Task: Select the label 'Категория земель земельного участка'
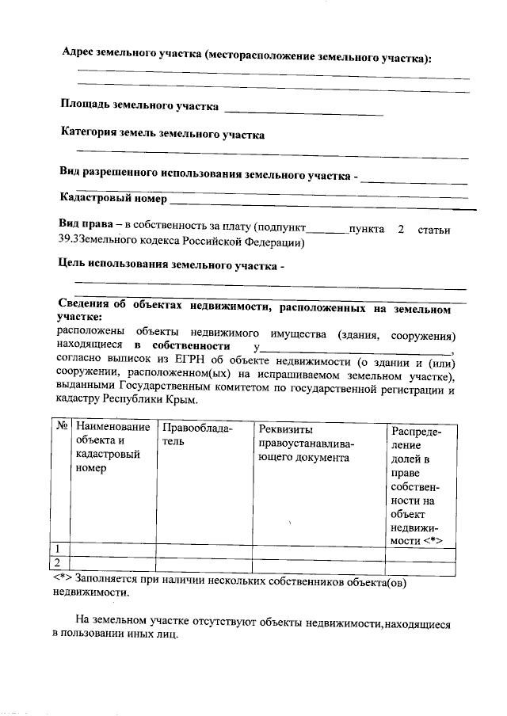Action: pos(162,135)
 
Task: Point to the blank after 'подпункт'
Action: pos(327,231)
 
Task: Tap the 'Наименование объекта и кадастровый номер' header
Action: pos(112,448)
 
